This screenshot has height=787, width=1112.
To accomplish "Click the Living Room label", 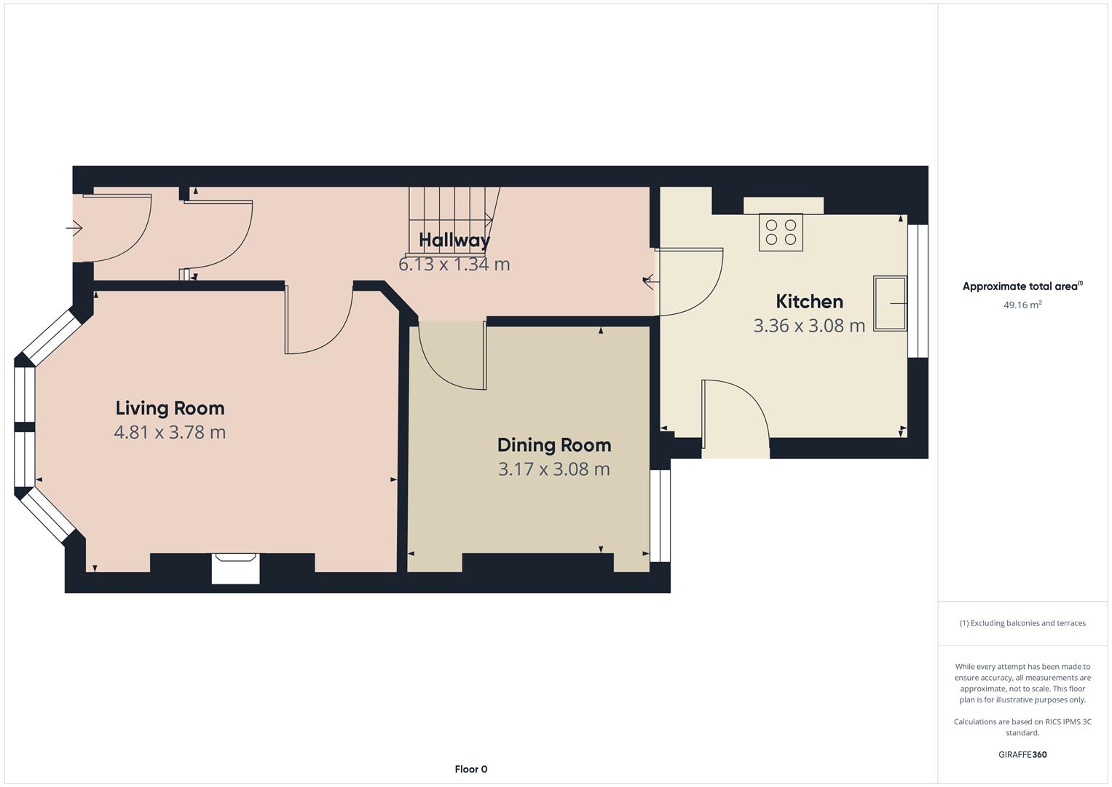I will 170,408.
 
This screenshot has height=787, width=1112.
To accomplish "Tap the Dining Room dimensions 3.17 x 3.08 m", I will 553,469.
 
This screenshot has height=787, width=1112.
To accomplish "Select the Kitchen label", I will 809,302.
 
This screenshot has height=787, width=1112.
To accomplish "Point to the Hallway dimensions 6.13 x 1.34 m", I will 454,265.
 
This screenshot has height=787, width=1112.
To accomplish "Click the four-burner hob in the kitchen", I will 781,232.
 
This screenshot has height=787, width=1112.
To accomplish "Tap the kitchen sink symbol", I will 890,303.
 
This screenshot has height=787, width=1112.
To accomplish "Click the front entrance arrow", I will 74,229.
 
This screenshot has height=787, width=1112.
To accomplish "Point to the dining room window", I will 660,515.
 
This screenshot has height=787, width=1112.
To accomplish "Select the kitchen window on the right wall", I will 918,291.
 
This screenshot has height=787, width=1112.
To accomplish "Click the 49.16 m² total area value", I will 1022,305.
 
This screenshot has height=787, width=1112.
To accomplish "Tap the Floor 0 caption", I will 470,769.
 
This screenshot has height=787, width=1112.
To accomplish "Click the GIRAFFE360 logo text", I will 1022,754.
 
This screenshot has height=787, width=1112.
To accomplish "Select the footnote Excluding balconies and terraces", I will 1022,623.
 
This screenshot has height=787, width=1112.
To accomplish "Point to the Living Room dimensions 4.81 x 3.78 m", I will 170,432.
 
